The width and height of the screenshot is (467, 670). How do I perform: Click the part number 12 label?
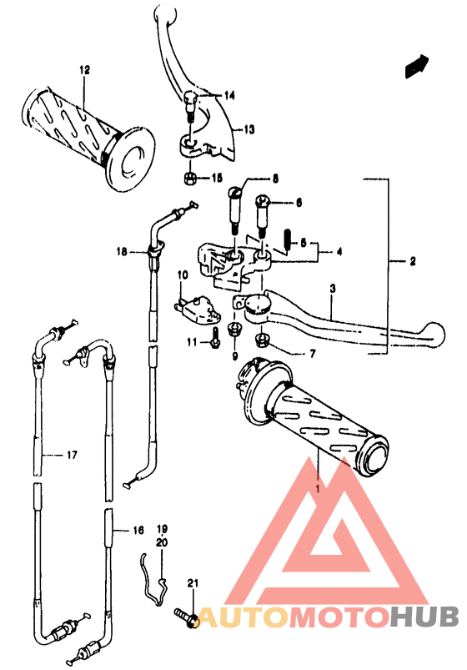[84, 69]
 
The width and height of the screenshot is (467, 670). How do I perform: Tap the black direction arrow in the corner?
[417, 66]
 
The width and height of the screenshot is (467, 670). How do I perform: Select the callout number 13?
[249, 129]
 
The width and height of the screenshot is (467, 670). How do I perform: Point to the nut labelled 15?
[188, 178]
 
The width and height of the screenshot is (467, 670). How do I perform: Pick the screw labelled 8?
[234, 209]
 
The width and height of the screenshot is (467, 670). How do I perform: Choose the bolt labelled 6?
[261, 216]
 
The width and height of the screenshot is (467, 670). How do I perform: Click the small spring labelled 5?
[288, 241]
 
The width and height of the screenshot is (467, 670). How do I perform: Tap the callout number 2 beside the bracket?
[412, 261]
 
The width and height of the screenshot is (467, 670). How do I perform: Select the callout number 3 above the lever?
[333, 289]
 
